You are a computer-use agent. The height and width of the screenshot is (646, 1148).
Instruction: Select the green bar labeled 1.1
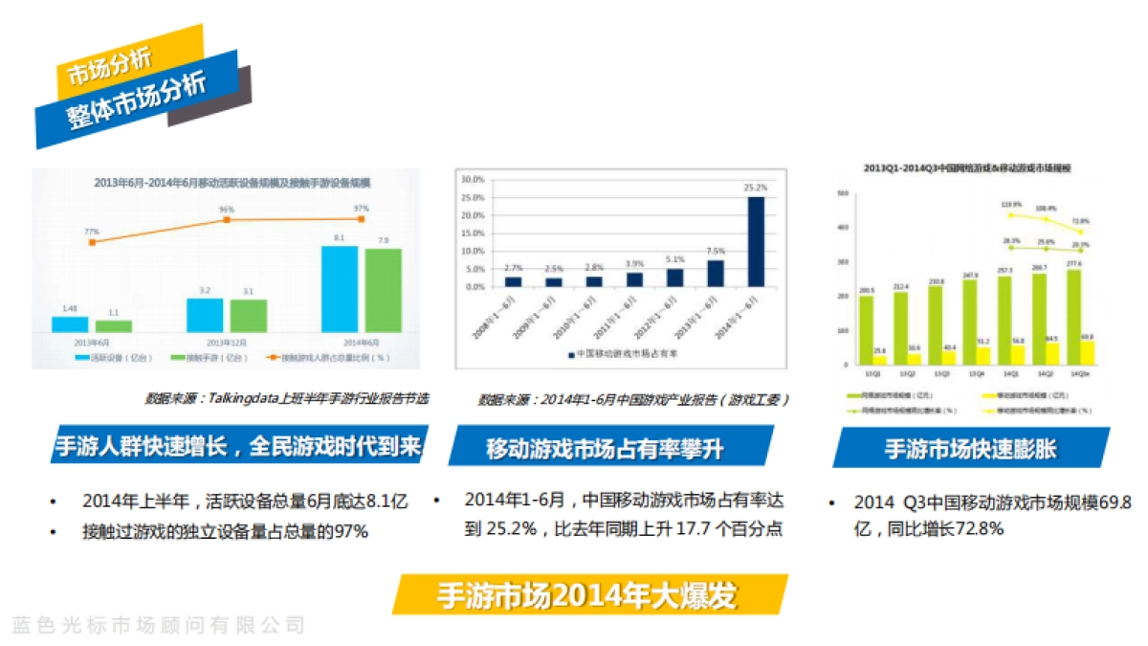tap(113, 325)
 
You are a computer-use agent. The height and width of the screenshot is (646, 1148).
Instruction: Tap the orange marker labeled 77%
tap(91, 242)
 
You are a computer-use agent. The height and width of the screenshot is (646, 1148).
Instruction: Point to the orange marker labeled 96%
tap(227, 219)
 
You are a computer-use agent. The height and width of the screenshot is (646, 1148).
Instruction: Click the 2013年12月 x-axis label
tap(226, 342)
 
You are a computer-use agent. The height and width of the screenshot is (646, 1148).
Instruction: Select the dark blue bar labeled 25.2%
tap(756, 241)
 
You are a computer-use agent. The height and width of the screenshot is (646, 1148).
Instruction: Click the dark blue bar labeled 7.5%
tap(716, 274)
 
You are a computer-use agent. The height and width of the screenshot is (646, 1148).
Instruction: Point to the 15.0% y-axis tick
tap(474, 233)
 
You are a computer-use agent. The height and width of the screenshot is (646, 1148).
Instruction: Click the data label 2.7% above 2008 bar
tap(513, 268)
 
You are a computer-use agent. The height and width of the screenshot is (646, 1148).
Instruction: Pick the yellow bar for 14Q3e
tap(1087, 352)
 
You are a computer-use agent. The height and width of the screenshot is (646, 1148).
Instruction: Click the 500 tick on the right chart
tap(843, 193)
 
